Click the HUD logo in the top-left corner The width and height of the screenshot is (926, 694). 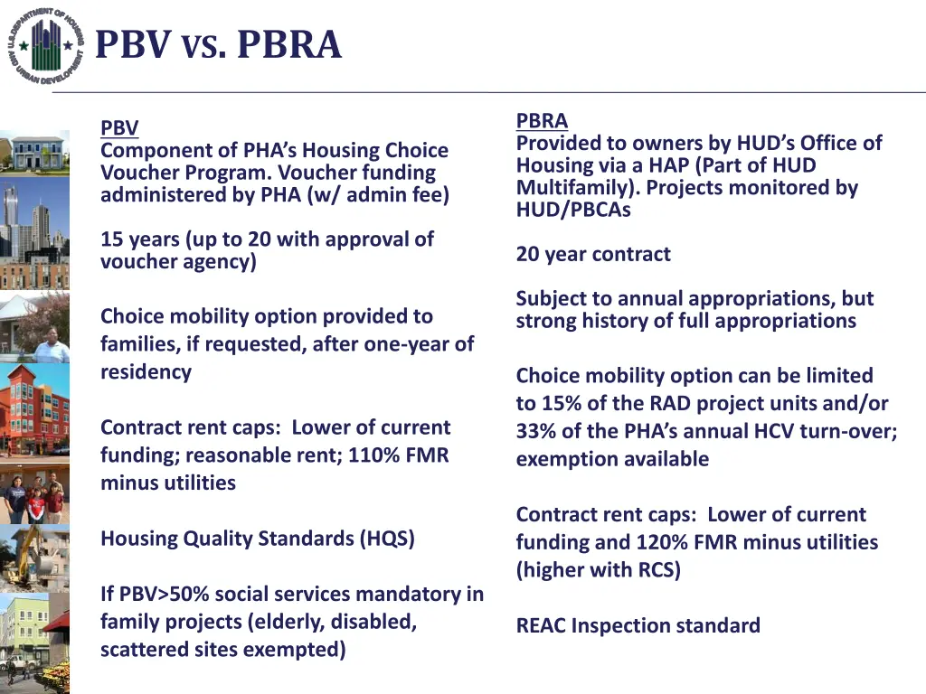[46, 45]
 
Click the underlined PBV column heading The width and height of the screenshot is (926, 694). [119, 129]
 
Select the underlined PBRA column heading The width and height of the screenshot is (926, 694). [542, 121]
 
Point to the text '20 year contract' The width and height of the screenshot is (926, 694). [593, 255]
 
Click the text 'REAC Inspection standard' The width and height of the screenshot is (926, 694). [638, 625]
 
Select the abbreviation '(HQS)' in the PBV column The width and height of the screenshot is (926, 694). [387, 539]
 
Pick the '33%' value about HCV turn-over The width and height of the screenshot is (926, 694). [534, 431]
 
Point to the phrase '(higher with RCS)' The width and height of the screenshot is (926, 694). [598, 570]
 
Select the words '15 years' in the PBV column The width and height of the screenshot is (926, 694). [140, 239]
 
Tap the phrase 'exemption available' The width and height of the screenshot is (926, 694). [612, 459]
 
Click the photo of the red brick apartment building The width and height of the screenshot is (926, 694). [34, 411]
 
